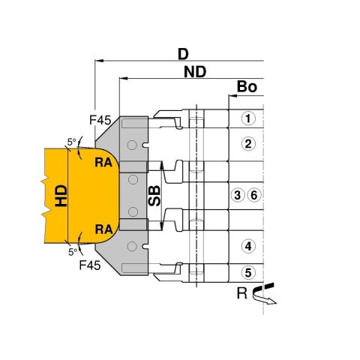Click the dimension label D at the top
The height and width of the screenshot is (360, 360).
coord(183,54)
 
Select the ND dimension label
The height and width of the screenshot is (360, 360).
coord(195,72)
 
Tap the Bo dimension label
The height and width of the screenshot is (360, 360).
coord(247,87)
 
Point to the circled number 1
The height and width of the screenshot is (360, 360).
coord(248,118)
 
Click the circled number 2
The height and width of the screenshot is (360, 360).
coord(248,144)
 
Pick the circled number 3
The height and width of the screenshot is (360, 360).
coord(238,195)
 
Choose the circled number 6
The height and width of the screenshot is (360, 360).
coord(254,195)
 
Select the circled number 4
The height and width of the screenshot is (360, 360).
coord(248,247)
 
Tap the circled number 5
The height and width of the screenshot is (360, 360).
coord(248,272)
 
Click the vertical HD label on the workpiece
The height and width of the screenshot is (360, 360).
coord(61,196)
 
